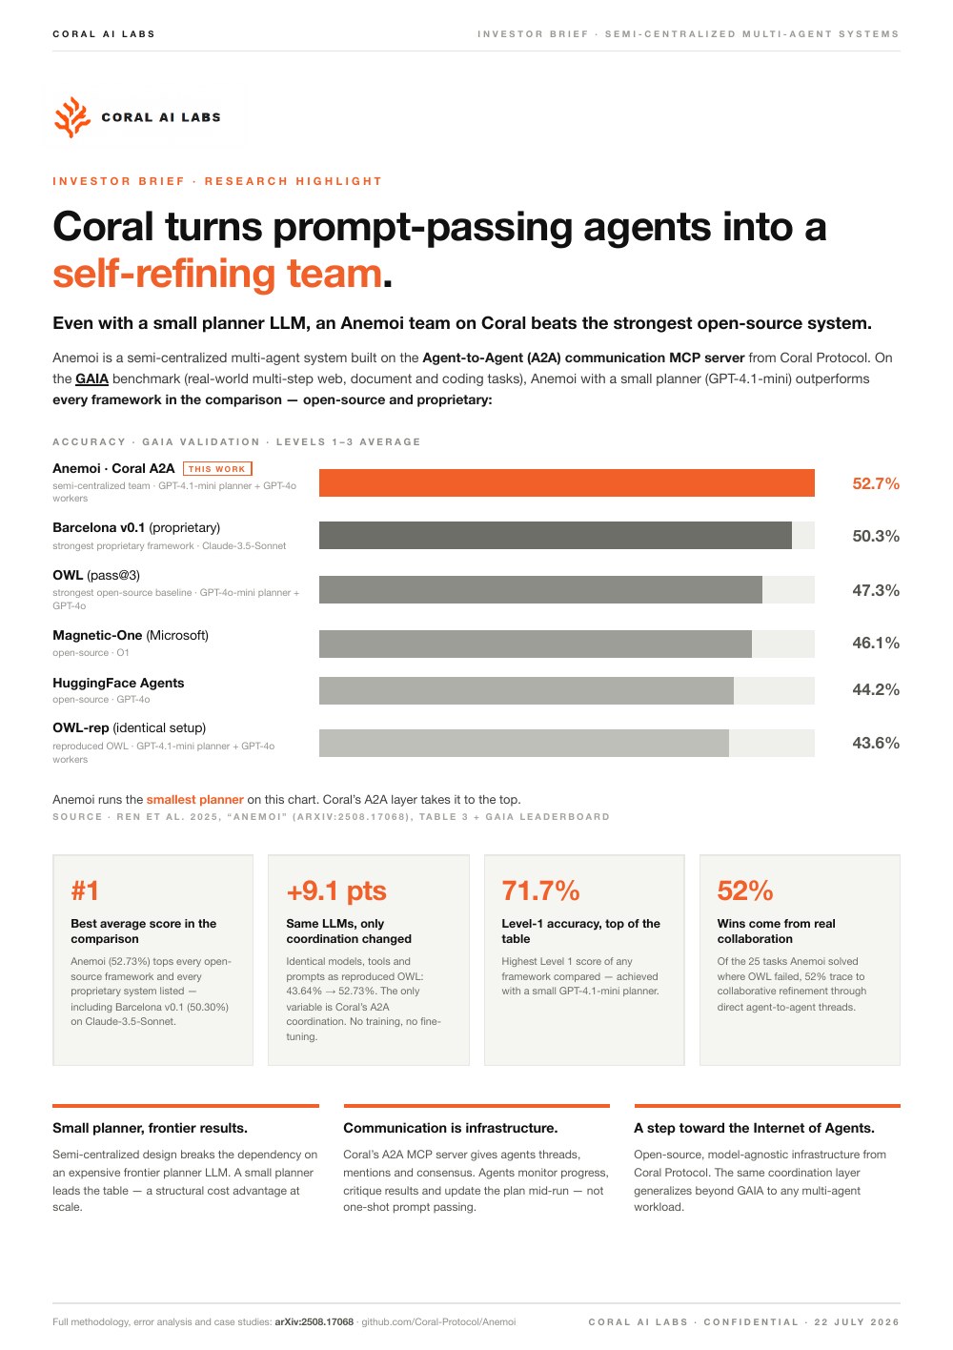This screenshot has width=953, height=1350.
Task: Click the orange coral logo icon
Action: pos(71,117)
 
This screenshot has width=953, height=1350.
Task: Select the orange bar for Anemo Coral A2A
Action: pos(566,482)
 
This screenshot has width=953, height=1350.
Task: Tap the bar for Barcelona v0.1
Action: pos(555,535)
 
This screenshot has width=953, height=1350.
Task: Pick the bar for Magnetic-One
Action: pos(535,644)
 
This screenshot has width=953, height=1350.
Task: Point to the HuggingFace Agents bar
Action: pos(526,690)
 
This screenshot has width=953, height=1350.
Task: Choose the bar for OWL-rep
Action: pos(523,743)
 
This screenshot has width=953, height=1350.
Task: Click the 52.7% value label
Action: pos(875,483)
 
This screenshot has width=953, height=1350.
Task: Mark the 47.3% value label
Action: pos(875,590)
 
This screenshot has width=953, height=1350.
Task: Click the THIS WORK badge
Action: pos(217,468)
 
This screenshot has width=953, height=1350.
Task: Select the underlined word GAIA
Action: pos(91,378)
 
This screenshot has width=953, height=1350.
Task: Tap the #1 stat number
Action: pos(85,890)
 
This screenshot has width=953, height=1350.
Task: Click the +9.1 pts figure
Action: pos(336,890)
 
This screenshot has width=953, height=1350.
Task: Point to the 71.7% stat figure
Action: pos(540,890)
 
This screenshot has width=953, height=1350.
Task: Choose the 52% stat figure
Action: pos(744,890)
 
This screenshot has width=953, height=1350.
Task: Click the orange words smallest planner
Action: pos(194,799)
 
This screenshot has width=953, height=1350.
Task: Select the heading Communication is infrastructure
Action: pos(450,1128)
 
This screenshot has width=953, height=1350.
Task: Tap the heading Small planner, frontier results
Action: pos(150,1128)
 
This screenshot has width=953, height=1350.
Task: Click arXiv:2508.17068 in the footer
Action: pos(314,1321)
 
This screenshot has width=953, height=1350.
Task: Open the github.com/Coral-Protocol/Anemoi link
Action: pos(438,1321)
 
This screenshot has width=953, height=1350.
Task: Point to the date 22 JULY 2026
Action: pos(857,1321)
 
